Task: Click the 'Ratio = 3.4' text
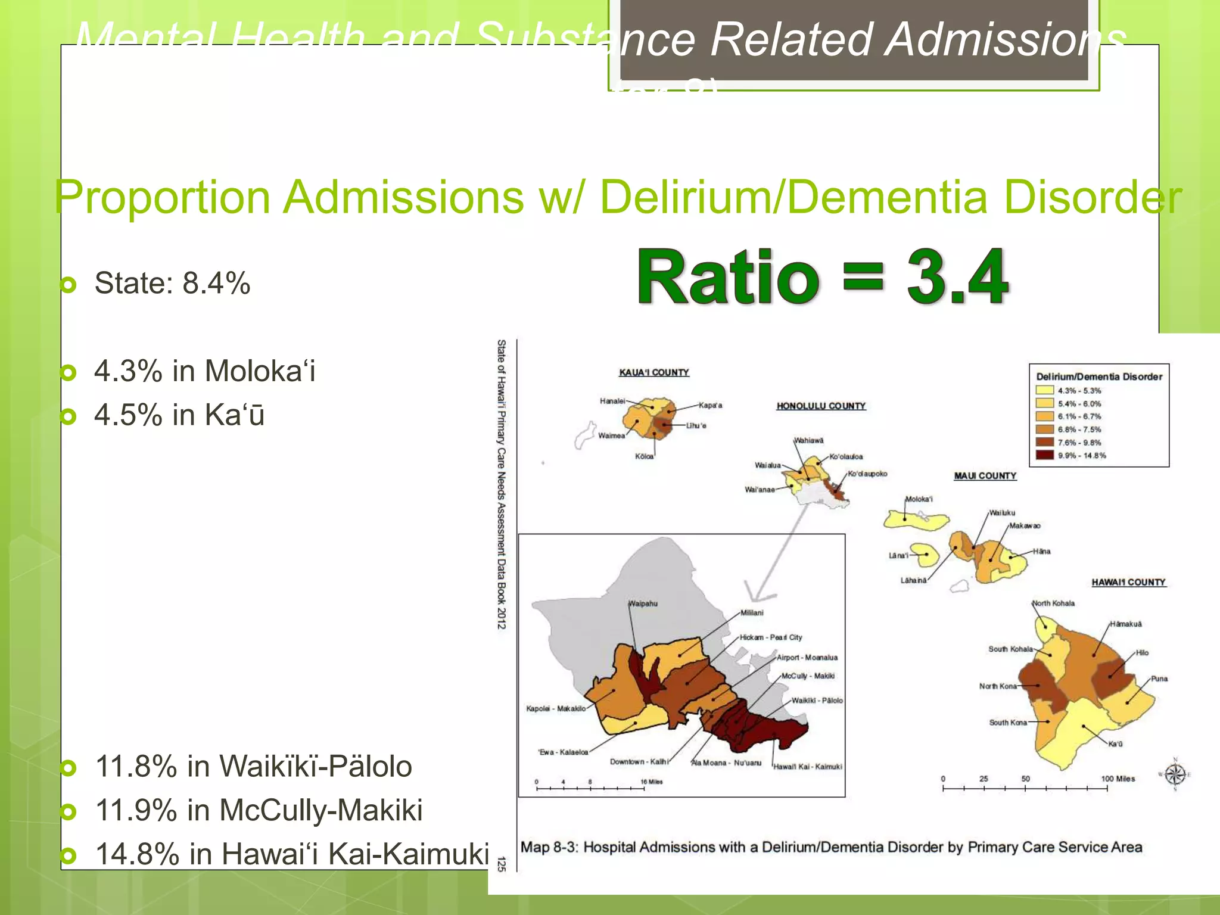822,278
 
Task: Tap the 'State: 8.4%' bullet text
172,283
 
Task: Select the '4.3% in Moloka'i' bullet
204,371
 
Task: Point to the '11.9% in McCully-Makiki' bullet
259,810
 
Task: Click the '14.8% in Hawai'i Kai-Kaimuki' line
292,854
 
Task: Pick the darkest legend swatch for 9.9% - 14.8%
1045,456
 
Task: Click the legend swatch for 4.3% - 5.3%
1045,391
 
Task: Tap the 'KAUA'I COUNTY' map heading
653,372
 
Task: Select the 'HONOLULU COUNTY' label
821,406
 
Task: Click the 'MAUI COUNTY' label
985,476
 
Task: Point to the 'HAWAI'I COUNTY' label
1128,582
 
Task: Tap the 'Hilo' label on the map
1142,653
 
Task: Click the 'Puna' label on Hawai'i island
1159,679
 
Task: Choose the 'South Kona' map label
1008,723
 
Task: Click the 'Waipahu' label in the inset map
643,603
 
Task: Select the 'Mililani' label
752,612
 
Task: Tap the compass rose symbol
1175,774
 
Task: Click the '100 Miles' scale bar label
1118,779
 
